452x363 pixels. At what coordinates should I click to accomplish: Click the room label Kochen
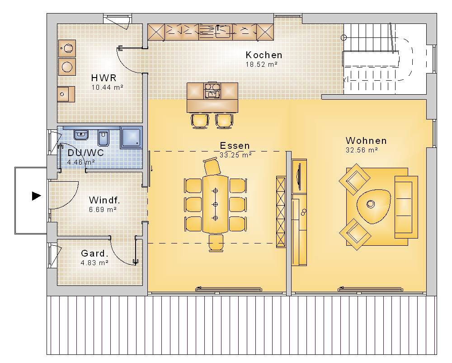264,55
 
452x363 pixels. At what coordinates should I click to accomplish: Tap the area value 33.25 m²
235,155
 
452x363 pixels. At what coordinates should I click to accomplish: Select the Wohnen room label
366,141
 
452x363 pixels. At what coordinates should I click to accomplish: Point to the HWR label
104,78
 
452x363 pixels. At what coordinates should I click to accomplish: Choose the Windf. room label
104,200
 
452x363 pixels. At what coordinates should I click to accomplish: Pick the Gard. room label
94,253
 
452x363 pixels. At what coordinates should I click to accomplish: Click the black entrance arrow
36,196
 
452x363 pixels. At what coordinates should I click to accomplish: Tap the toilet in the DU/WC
103,138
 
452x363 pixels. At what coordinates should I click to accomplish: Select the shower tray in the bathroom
131,138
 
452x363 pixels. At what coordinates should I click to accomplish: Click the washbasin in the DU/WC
81,135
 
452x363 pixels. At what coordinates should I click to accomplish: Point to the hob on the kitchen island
212,90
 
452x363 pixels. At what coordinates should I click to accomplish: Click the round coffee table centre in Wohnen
371,204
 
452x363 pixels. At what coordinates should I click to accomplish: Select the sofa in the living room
406,207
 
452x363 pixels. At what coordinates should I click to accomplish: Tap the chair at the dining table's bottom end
216,243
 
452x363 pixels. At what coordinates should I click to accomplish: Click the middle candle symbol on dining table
215,204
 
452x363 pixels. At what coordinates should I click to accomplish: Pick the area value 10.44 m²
107,87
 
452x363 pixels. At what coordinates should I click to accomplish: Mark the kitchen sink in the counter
223,32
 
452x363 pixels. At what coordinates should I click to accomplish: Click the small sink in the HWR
66,94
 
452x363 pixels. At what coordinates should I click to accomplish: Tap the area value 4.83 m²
94,262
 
